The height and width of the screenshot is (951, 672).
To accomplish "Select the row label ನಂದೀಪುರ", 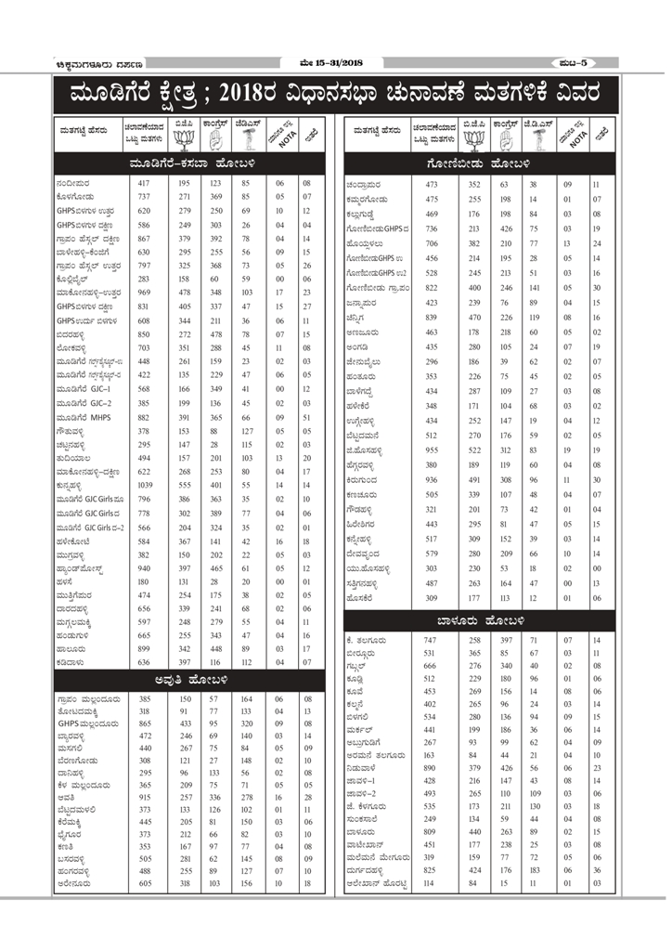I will pyautogui.click(x=73, y=184).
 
